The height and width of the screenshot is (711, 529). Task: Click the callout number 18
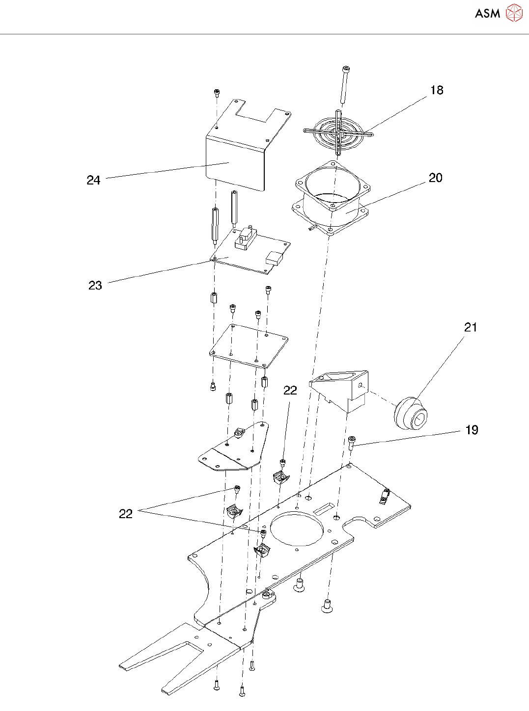coord(437,90)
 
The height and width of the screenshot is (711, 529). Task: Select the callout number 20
coord(436,178)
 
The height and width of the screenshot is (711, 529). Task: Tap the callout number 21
coord(471,327)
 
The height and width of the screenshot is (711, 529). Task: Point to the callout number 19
coord(472,430)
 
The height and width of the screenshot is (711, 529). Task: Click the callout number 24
coord(93,181)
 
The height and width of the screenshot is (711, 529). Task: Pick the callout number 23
coord(95,286)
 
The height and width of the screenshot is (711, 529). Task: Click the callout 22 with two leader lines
coord(126,514)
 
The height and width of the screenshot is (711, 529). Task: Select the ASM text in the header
coord(487,14)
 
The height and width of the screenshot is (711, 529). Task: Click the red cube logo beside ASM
coord(514,13)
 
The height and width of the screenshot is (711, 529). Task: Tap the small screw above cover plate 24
coord(216,93)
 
